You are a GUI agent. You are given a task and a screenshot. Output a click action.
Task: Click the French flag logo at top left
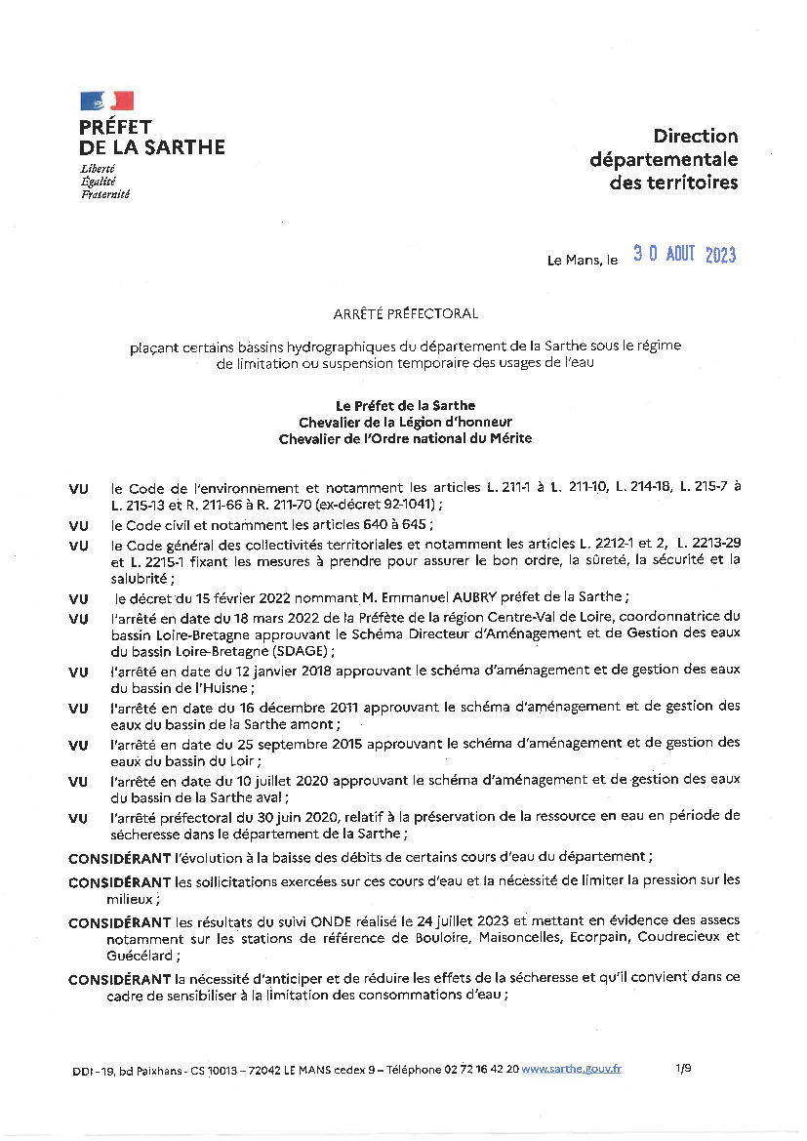point(106,101)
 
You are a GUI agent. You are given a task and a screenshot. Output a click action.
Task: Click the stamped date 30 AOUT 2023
point(684,255)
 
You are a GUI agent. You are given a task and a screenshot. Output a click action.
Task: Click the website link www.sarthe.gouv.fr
point(572,1069)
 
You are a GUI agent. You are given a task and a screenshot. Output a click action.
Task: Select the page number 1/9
point(683,1069)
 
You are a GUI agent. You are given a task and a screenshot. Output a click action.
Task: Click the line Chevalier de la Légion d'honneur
point(405,422)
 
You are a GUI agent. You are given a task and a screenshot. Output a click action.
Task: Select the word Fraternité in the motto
point(105,193)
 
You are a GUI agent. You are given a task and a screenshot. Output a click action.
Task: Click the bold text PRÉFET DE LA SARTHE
point(151,137)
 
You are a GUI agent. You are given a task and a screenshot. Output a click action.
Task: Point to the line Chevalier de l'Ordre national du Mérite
point(405,438)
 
